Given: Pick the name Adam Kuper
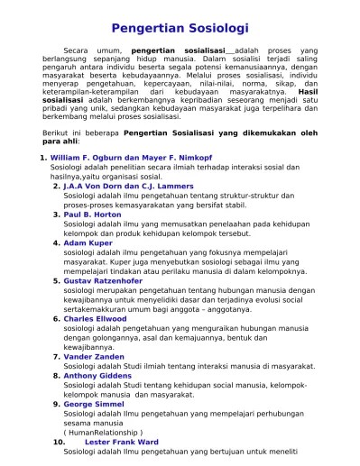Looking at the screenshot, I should pyautogui.click(x=87, y=243).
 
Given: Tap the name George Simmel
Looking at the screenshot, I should pyautogui.click(x=96, y=405).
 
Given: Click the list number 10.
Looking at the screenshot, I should pyautogui.click(x=58, y=443).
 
